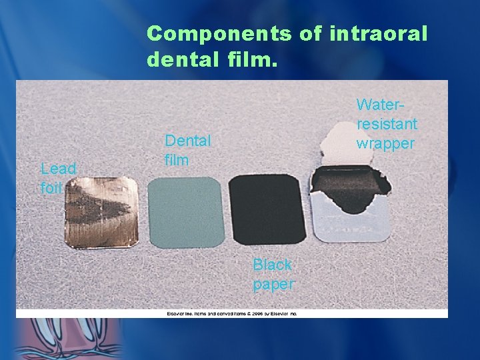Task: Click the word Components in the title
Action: click(219, 34)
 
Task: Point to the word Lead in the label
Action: click(58, 168)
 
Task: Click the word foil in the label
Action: click(51, 188)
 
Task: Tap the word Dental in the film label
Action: click(187, 141)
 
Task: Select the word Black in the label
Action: click(272, 265)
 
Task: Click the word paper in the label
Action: click(273, 285)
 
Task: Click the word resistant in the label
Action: click(387, 124)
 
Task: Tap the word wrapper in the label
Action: click(385, 143)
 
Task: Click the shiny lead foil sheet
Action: click(101, 211)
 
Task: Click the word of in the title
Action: click(311, 34)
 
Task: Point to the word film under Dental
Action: click(177, 160)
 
